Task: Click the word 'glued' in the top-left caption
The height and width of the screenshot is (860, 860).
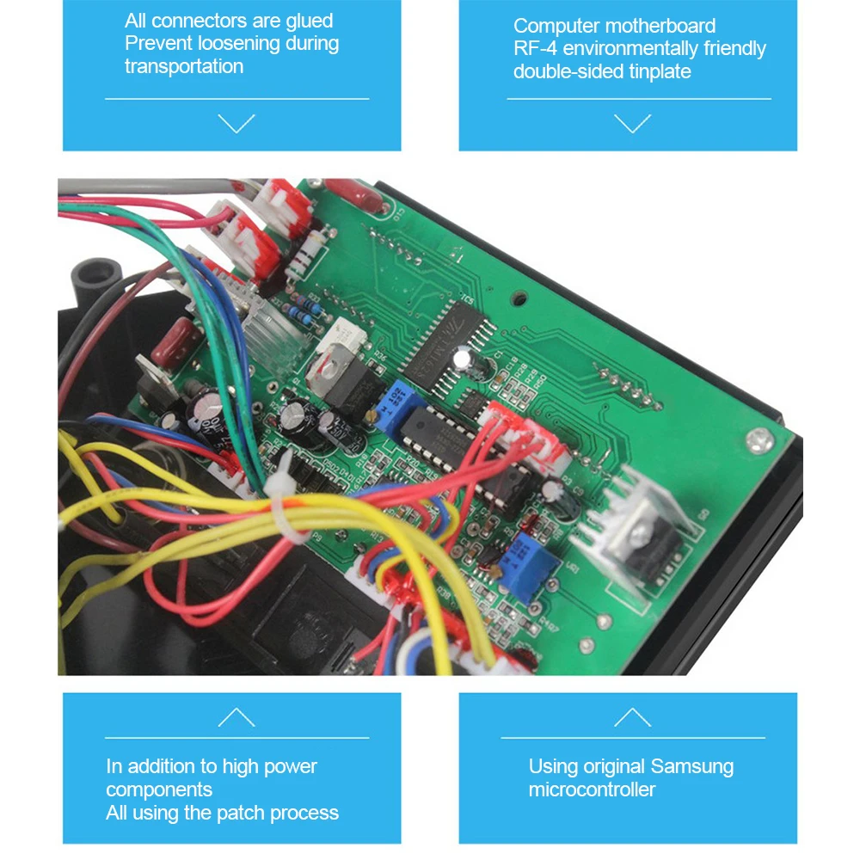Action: point(308,21)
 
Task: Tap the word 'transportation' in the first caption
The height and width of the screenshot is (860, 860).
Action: point(184,66)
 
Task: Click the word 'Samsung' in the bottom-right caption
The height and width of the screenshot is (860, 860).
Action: point(692,766)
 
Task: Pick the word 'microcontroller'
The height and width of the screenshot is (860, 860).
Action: point(592,789)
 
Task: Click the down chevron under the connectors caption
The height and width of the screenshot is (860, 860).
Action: point(236,123)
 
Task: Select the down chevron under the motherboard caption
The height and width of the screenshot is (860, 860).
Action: point(633,123)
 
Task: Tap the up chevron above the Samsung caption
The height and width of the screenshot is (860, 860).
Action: point(633,717)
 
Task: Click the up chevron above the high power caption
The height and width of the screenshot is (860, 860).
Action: point(236,717)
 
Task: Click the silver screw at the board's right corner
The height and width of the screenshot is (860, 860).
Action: point(757,441)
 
